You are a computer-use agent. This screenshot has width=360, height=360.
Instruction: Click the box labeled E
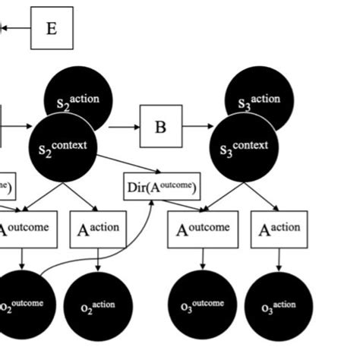pyautogui.click(x=52, y=29)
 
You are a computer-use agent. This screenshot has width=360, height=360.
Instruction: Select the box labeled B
pyautogui.click(x=160, y=126)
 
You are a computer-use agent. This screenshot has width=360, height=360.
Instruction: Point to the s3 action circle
pyautogui.click(x=261, y=95)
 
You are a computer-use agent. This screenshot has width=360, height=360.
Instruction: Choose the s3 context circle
pyautogui.click(x=245, y=147)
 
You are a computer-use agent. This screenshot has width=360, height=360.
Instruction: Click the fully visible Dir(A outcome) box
pyautogui.click(x=162, y=187)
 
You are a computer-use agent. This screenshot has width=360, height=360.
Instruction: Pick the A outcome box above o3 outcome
pyautogui.click(x=203, y=229)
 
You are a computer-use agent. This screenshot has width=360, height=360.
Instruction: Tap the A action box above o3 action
pyautogui.click(x=280, y=229)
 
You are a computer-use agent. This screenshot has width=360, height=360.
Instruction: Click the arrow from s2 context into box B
pyautogui.click(x=123, y=127)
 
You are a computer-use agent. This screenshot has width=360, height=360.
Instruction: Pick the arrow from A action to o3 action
pyautogui.click(x=279, y=260)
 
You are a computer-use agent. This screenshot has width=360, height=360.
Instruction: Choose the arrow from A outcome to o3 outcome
pyautogui.click(x=203, y=260)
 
